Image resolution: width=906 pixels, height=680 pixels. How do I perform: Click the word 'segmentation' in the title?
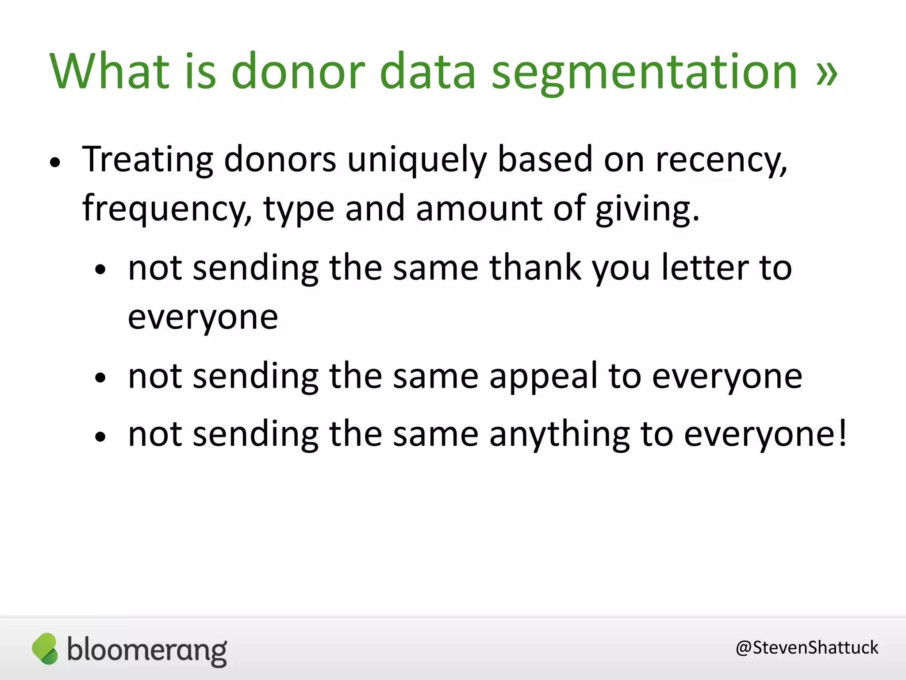pos(644,72)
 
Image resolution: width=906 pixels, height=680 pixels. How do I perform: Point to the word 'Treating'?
pos(148,160)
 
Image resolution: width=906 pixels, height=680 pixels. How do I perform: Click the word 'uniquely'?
pos(417,160)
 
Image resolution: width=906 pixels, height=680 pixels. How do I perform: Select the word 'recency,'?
pos(722,160)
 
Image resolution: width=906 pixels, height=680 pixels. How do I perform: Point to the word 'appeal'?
pos(544,377)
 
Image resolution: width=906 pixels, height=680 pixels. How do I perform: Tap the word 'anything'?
pos(560,434)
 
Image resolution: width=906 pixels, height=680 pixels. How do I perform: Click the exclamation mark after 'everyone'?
pos(842,433)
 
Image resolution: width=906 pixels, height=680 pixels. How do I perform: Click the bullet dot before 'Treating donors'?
pos(55,162)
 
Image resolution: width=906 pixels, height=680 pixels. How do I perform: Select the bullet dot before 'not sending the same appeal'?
pos(101,378)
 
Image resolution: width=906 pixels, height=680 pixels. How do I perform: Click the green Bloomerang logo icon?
pos(45,649)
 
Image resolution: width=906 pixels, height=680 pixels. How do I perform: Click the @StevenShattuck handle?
pos(806,648)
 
